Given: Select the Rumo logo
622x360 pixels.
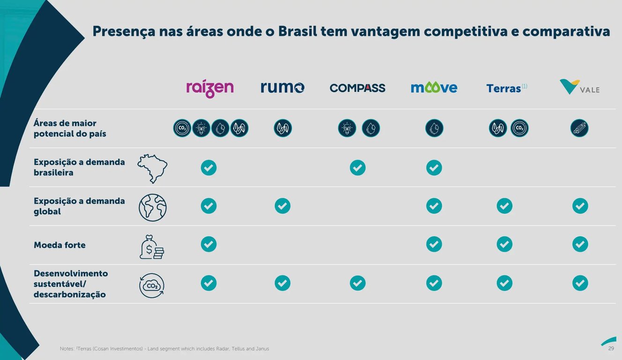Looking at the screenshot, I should point(282,87).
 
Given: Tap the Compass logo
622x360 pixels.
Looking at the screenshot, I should point(357,88).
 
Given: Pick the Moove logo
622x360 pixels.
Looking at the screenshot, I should point(434,87).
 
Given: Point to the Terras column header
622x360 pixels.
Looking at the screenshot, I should point(504,88).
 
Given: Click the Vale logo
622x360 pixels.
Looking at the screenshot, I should point(579,87).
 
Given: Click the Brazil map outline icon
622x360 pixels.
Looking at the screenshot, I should point(152,168).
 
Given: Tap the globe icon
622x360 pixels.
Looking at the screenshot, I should point(153,207).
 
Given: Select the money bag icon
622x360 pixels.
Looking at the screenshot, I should point(152,247).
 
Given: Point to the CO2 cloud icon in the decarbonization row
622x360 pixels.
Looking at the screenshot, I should point(152,285).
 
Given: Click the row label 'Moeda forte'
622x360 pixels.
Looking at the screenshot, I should point(59,245).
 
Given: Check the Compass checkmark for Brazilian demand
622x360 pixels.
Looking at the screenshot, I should point(357,167).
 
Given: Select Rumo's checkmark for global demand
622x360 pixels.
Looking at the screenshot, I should point(282,206).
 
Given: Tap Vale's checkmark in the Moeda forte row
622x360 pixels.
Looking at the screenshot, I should point(580,244).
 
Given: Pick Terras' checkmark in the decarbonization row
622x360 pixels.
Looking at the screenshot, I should point(504,283).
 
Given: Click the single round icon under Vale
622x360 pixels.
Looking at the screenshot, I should point(579,128).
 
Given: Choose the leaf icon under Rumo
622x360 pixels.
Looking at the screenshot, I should point(283,128).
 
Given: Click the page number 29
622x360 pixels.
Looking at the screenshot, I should point(611,348).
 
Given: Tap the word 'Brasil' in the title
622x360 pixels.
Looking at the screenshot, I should point(297,31).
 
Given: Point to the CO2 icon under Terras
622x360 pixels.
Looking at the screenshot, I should point(519,128).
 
